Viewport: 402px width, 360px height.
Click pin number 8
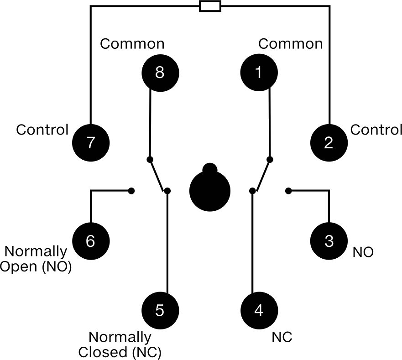pos(160,73)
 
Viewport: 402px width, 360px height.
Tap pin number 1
pos(259,73)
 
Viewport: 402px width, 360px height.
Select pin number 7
pos(91,143)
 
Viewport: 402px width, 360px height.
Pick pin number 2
pos(329,143)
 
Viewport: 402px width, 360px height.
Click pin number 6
pos(91,241)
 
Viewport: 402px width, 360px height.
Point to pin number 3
pos(329,241)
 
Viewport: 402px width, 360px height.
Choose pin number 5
pos(160,311)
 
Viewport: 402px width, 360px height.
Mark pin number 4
pos(259,311)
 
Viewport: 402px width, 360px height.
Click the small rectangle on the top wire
pos(210,6)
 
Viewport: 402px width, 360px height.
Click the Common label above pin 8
pos(132,44)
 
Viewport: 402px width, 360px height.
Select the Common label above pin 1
pos(290,44)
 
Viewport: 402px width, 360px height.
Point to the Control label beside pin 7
pos(42,130)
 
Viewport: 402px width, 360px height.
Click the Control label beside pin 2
pos(376,130)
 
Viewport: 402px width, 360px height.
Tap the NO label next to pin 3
pos(363,252)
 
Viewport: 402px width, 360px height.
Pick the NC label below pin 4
pos(282,337)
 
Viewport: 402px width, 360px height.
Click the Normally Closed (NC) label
pos(120,345)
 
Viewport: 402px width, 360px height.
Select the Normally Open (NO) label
pos(36,259)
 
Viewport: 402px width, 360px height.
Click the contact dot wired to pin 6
pos(131,191)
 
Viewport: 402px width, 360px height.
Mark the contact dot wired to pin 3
pos(288,191)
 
